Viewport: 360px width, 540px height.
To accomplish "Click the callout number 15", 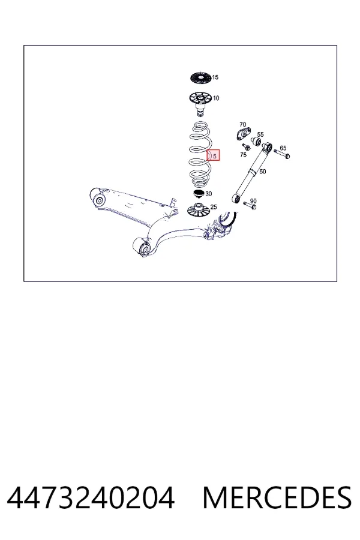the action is pyautogui.click(x=215, y=77).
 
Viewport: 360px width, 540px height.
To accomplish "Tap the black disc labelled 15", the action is pyautogui.click(x=200, y=77).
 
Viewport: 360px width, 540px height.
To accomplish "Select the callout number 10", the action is pyautogui.click(x=215, y=98).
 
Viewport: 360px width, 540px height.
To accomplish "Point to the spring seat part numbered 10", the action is pyautogui.click(x=200, y=103).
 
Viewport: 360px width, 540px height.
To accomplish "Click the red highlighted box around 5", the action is pyautogui.click(x=213, y=155).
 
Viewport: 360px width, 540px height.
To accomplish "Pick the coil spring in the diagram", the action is pyautogui.click(x=200, y=154).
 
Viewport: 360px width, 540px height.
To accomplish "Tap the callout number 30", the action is pyautogui.click(x=208, y=194).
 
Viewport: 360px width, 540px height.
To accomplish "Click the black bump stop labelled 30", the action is pyautogui.click(x=198, y=194).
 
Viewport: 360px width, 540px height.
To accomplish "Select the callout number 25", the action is pyautogui.click(x=214, y=207).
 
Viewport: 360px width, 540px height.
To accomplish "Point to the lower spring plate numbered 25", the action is pyautogui.click(x=198, y=210).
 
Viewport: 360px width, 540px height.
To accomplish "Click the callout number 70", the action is pyautogui.click(x=242, y=125).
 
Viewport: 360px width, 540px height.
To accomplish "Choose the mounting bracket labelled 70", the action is pyautogui.click(x=244, y=134).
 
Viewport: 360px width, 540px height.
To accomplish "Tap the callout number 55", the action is pyautogui.click(x=260, y=134).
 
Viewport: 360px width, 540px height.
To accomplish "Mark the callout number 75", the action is pyautogui.click(x=243, y=155).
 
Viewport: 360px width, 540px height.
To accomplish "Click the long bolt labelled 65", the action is pyautogui.click(x=282, y=154).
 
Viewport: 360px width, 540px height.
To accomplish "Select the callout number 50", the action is pyautogui.click(x=263, y=172).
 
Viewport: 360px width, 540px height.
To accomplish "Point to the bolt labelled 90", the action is pyautogui.click(x=250, y=206).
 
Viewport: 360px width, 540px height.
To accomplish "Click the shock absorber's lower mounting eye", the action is pyautogui.click(x=236, y=199).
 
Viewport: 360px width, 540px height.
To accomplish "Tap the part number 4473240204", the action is pyautogui.click(x=91, y=498).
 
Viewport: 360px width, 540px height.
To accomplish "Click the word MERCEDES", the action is pyautogui.click(x=277, y=498).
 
